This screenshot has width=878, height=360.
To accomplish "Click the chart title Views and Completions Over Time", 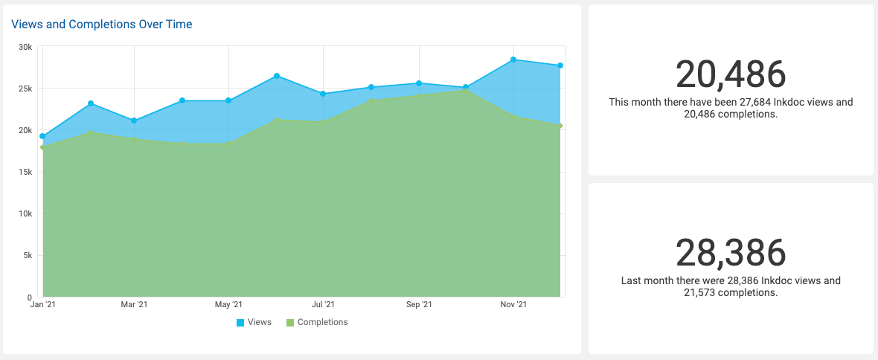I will (x=102, y=25).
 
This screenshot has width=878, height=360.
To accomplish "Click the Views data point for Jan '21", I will (x=42, y=137).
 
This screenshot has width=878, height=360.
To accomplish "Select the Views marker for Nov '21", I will (x=513, y=60).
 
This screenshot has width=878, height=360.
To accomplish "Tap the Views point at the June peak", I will (x=276, y=76).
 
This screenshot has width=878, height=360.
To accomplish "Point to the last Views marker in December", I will (x=560, y=65).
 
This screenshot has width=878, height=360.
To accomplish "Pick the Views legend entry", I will (x=254, y=322).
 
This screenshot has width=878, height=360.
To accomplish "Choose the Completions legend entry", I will (x=317, y=322).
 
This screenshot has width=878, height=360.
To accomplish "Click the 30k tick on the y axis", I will (x=25, y=47).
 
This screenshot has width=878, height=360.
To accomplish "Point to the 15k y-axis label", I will (x=25, y=172).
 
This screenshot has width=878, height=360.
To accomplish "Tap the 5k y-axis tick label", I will (x=28, y=255).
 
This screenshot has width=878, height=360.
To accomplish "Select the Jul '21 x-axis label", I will (x=323, y=305).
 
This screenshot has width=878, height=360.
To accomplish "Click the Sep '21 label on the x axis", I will (x=419, y=305).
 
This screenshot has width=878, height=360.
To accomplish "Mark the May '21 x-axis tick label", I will (x=228, y=305).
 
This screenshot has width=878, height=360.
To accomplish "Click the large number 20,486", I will (x=731, y=74).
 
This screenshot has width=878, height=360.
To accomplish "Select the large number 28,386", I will (x=731, y=253).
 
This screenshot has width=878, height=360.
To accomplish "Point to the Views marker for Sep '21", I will (x=419, y=83).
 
